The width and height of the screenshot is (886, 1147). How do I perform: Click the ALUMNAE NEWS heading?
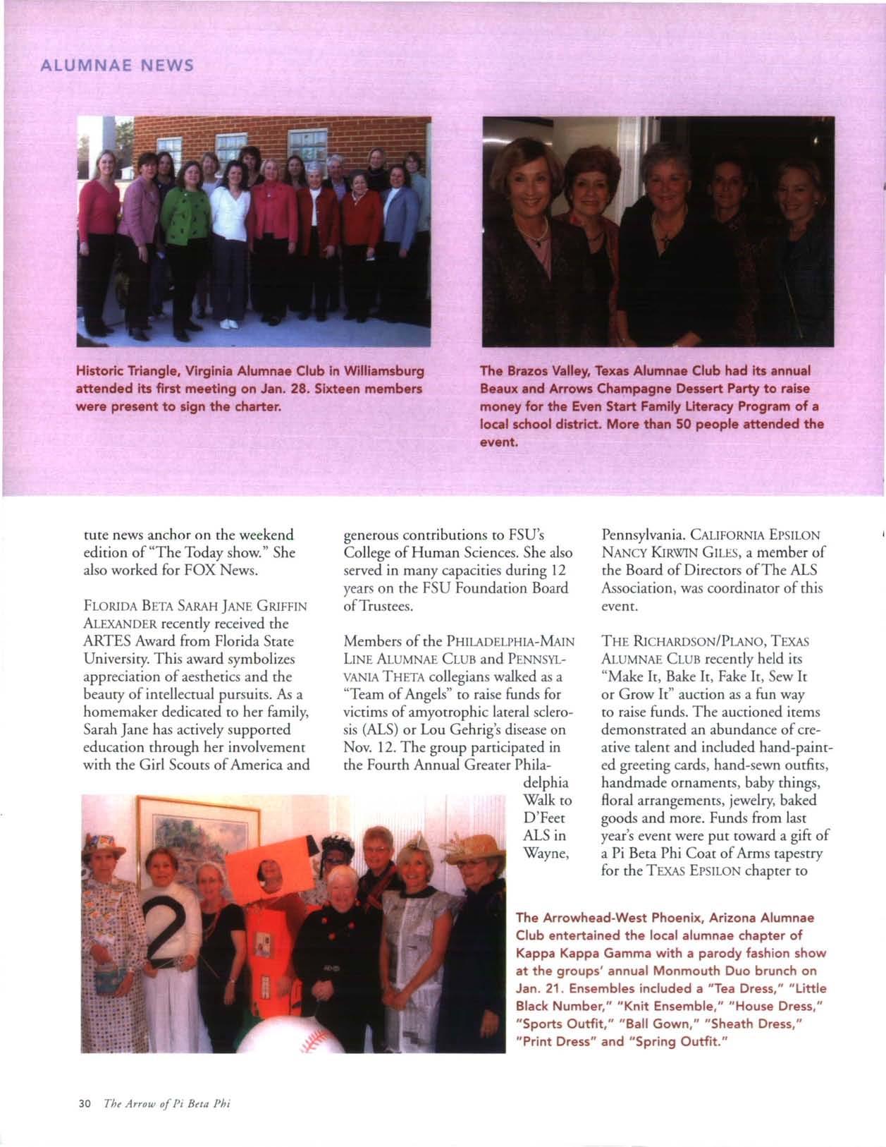point(116,66)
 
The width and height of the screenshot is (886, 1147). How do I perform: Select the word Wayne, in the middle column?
point(548,853)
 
